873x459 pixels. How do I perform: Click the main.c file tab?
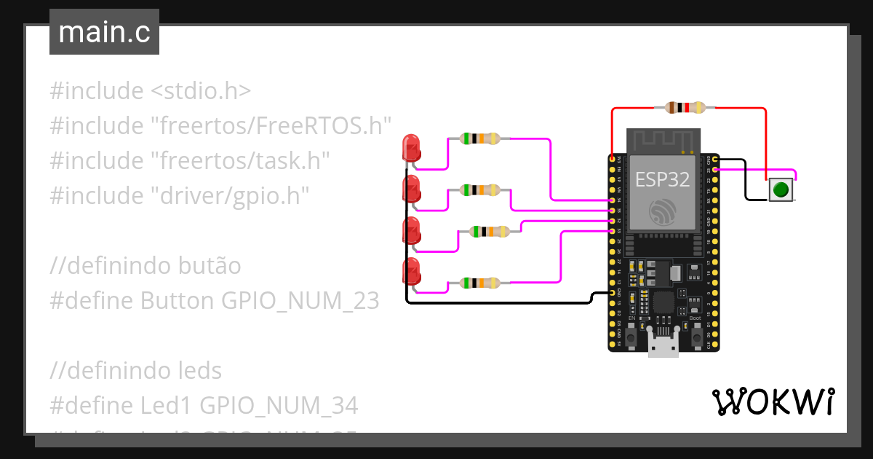coord(104,33)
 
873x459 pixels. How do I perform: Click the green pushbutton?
coord(781,189)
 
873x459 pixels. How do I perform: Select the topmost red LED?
coord(411,148)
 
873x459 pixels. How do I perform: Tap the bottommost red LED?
coord(411,272)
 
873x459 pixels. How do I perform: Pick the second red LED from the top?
coord(411,189)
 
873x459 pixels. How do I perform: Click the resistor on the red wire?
coord(685,108)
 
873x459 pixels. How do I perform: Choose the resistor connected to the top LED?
coord(479,138)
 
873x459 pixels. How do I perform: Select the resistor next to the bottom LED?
coord(479,282)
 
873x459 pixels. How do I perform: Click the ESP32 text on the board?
coord(662,179)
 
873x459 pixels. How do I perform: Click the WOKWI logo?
coord(772,401)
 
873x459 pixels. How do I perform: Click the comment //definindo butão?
coord(145,266)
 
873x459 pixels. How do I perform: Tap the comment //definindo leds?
coord(135,370)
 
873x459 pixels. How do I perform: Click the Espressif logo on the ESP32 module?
coord(662,211)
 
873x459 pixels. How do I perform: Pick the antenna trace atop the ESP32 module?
coord(662,140)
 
